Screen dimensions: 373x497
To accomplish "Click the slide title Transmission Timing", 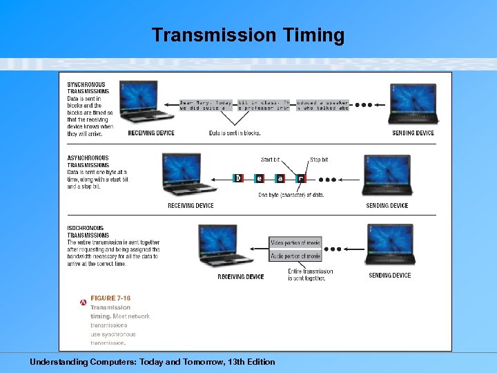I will pos(248,35).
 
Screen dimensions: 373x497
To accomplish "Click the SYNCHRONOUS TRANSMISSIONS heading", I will pos(88,88).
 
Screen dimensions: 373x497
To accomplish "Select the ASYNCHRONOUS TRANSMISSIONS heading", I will pos(88,162).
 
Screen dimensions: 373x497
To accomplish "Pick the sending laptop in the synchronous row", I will pos(412,103).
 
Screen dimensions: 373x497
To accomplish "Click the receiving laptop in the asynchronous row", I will pos(191,176).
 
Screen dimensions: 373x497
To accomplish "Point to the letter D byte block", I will pos(238,178).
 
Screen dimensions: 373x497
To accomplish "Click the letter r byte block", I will pos(300,178).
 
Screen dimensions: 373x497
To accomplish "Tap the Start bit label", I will pos(271,160).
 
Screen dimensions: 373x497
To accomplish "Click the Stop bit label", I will pos(319,160).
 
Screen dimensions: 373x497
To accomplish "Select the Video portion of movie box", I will pos(295,243).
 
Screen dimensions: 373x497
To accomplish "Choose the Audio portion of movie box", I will pos(295,256).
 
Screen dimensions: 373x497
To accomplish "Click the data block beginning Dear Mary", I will pos(206,105).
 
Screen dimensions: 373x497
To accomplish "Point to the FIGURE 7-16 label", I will pos(110,298).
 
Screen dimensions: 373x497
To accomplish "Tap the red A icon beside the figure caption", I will pos(83,302).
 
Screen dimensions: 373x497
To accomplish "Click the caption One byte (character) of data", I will pos(291,195).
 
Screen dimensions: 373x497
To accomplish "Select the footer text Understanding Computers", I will pos(152,362).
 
